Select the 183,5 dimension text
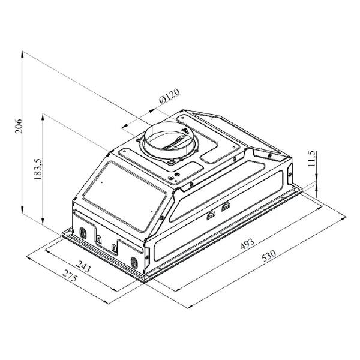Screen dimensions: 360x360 tap(37, 169)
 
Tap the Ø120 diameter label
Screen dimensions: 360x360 tap(170, 97)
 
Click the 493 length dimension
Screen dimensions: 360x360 tap(247, 243)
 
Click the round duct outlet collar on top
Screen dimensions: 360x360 tap(168, 142)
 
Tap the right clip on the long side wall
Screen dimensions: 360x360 tap(226, 207)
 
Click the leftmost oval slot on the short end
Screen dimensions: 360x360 tap(83, 233)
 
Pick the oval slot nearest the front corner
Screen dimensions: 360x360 tap(134, 262)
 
